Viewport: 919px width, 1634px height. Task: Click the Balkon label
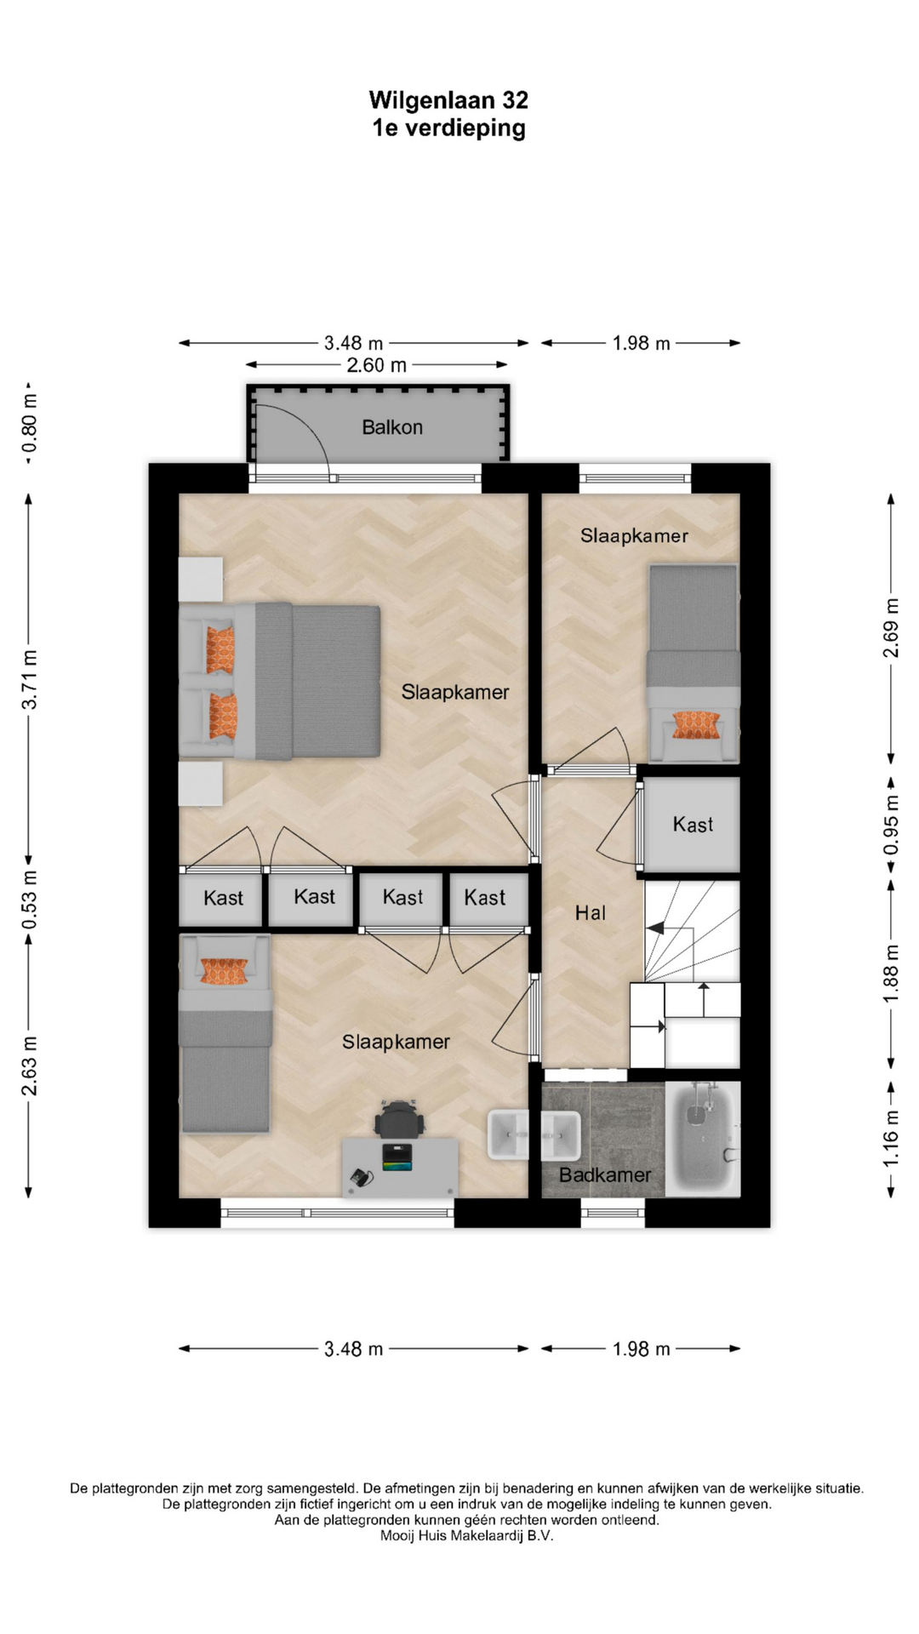pyautogui.click(x=392, y=427)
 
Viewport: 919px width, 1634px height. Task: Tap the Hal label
pyautogui.click(x=591, y=913)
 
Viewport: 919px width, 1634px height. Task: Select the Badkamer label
pyautogui.click(x=605, y=1175)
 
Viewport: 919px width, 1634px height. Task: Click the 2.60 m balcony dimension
pyautogui.click(x=377, y=365)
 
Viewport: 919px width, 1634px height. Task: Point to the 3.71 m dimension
pyautogui.click(x=30, y=679)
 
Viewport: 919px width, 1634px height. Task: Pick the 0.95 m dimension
pyautogui.click(x=891, y=825)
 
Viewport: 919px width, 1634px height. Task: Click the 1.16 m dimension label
pyautogui.click(x=891, y=1139)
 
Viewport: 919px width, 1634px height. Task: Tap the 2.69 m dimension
pyautogui.click(x=891, y=628)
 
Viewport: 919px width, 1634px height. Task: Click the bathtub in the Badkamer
pyautogui.click(x=703, y=1138)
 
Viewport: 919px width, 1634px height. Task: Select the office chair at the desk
pyautogui.click(x=399, y=1118)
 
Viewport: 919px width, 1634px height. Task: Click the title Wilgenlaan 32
pyautogui.click(x=448, y=100)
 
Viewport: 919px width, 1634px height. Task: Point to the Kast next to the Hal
pyautogui.click(x=693, y=825)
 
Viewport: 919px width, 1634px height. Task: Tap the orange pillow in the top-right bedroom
pyautogui.click(x=697, y=725)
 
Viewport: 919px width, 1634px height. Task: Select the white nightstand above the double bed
pyautogui.click(x=201, y=580)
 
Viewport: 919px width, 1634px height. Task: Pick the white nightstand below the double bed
pyautogui.click(x=201, y=784)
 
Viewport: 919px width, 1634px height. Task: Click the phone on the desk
pyautogui.click(x=362, y=1178)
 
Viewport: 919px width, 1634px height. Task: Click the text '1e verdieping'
pyautogui.click(x=448, y=129)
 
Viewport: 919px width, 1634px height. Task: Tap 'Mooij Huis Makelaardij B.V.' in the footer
pyautogui.click(x=466, y=1536)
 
